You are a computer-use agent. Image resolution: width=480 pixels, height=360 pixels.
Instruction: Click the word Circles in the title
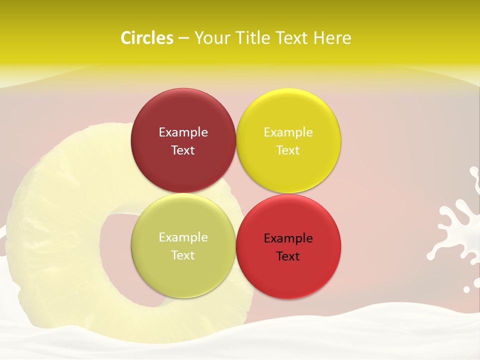click(146, 38)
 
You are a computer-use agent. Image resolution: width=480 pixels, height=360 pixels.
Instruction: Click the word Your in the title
click(212, 38)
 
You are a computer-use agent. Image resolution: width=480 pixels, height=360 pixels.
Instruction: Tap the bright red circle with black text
click(288, 272)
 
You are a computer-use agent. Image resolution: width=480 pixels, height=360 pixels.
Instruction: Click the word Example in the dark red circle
click(183, 132)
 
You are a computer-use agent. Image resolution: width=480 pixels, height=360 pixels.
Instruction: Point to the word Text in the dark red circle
click(183, 150)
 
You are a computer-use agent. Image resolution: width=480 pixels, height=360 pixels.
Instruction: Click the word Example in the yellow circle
click(288, 132)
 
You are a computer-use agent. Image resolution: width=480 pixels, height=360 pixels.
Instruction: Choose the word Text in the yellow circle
click(288, 150)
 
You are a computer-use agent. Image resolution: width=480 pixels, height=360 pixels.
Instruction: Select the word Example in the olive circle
click(183, 237)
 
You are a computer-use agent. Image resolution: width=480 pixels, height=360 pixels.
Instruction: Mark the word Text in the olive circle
click(183, 255)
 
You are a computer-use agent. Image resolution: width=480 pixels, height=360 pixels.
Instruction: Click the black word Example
click(288, 238)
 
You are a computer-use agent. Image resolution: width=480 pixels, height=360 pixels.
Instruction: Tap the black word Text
click(288, 256)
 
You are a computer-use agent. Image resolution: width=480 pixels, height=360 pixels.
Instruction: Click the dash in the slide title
click(183, 38)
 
